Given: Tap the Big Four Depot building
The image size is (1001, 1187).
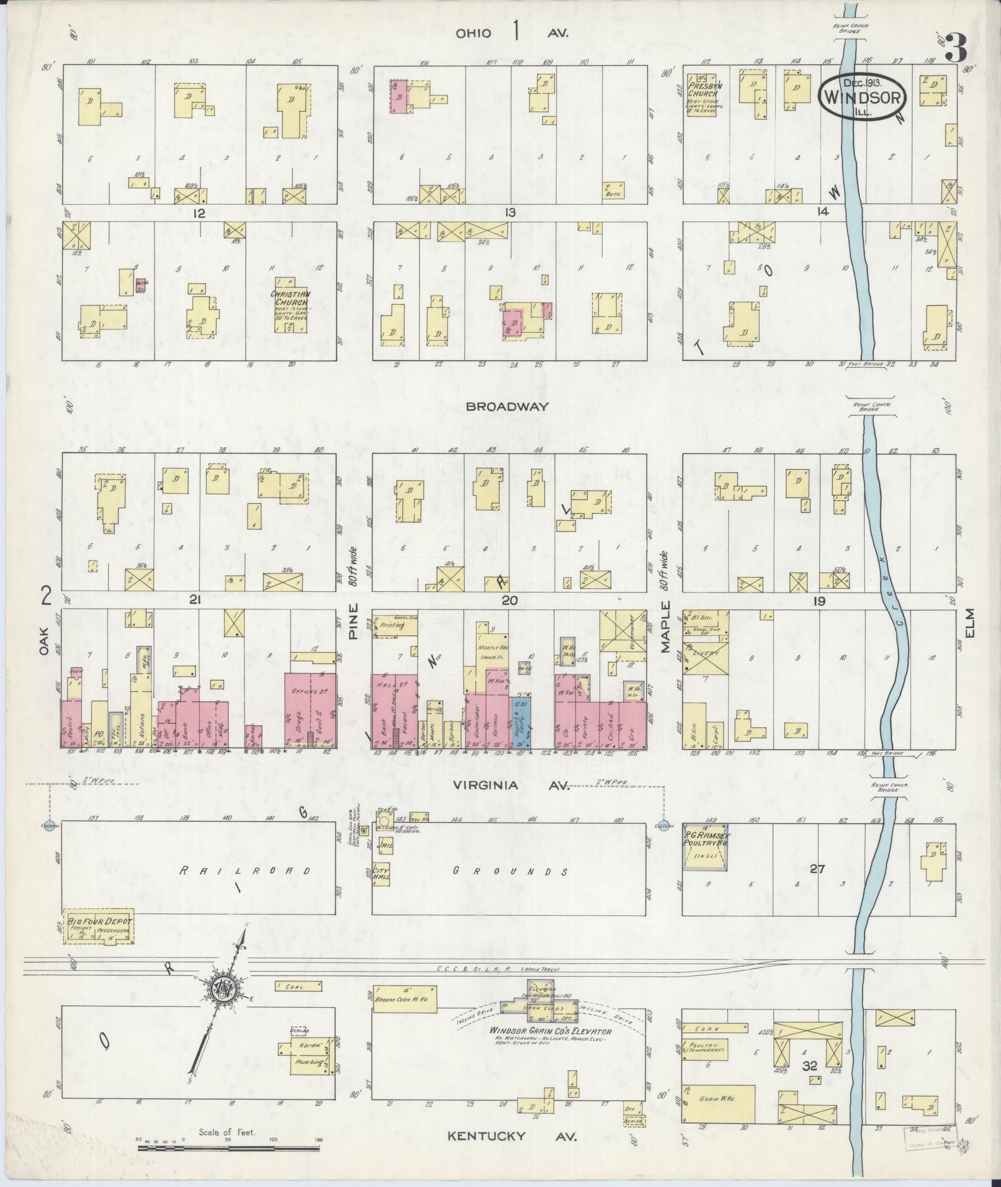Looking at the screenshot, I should [x=99, y=928].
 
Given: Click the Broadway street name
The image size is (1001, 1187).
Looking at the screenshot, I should [x=508, y=407].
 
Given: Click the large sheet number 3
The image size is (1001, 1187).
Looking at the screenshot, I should [x=956, y=49].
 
